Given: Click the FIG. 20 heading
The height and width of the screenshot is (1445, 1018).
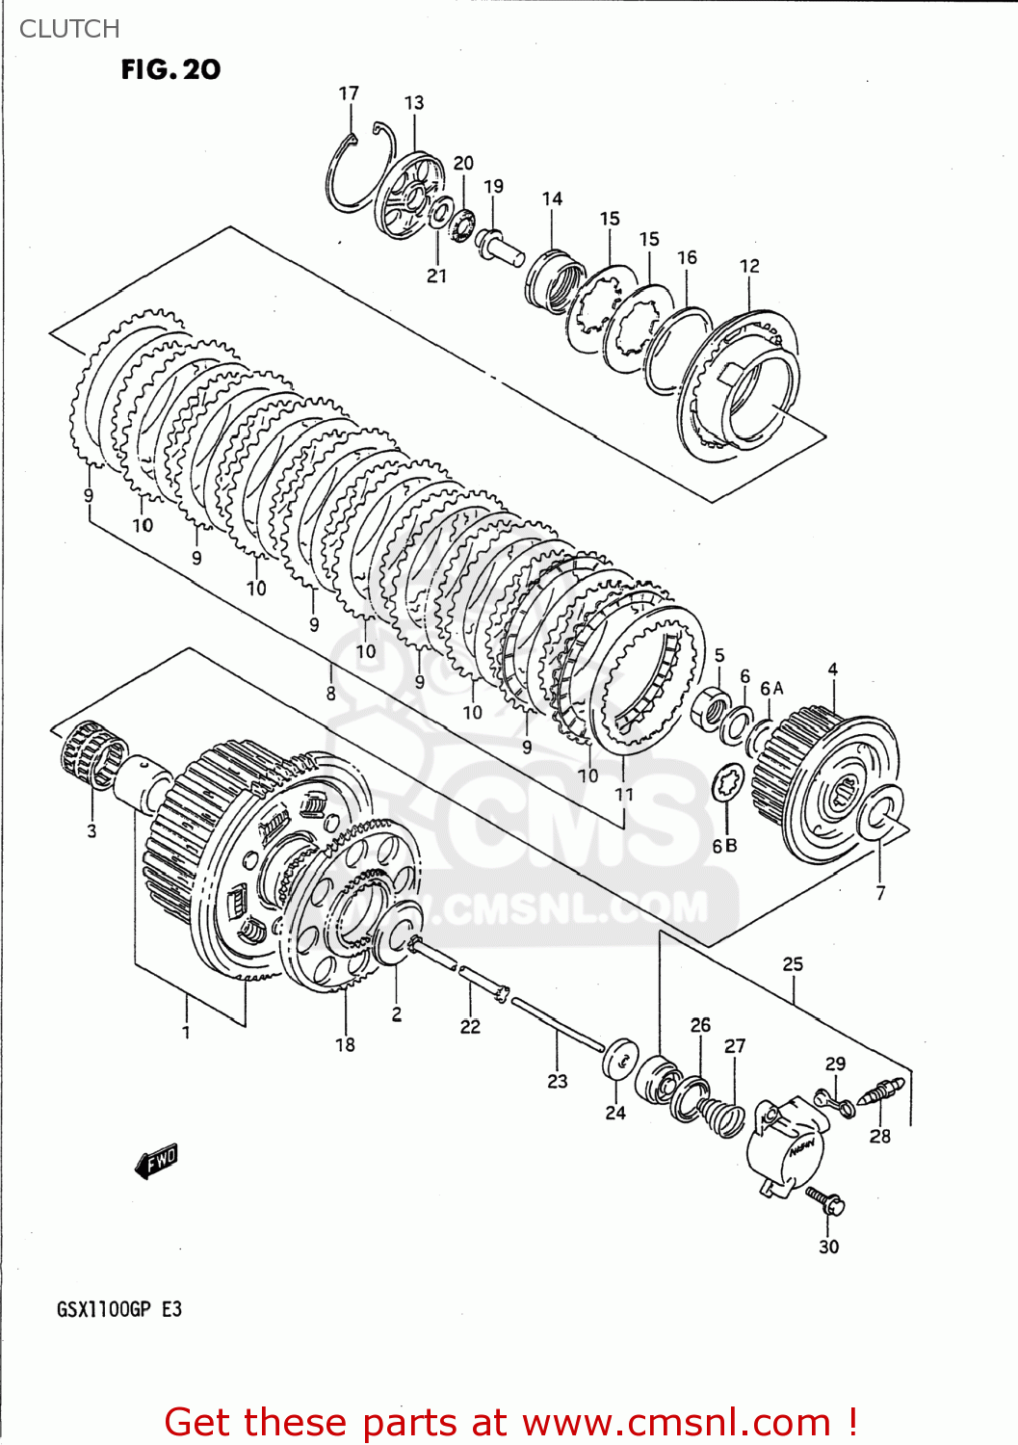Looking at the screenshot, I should coord(170,69).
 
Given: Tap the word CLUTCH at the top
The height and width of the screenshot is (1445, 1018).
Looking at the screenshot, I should coord(69,29).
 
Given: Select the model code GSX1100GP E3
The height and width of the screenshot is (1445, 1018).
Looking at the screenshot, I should coord(119,1309).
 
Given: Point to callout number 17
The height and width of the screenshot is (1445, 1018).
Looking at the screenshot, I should coord(349,93).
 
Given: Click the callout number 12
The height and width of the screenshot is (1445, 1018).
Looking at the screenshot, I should coord(749,266).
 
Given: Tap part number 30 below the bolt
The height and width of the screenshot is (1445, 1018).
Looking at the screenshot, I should coord(828,1247).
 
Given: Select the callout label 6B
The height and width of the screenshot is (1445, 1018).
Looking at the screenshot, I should coord(724,846).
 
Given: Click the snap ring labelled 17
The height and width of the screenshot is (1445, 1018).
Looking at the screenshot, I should coord(356,173).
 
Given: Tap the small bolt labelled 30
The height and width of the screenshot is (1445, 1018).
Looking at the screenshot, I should coord(824,1199).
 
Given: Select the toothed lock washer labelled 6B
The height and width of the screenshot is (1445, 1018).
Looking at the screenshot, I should coord(727,784).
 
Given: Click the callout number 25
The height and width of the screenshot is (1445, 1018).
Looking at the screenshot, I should coord(793,964).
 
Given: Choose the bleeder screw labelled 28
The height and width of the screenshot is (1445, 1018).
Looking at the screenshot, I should coord(884,1093).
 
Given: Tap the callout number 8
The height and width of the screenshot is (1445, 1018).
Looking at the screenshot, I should coord(330,694).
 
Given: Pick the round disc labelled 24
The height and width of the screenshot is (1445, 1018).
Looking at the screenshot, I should coord(619,1061).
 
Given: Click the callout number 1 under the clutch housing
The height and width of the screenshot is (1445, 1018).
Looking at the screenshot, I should coord(186,1033).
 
